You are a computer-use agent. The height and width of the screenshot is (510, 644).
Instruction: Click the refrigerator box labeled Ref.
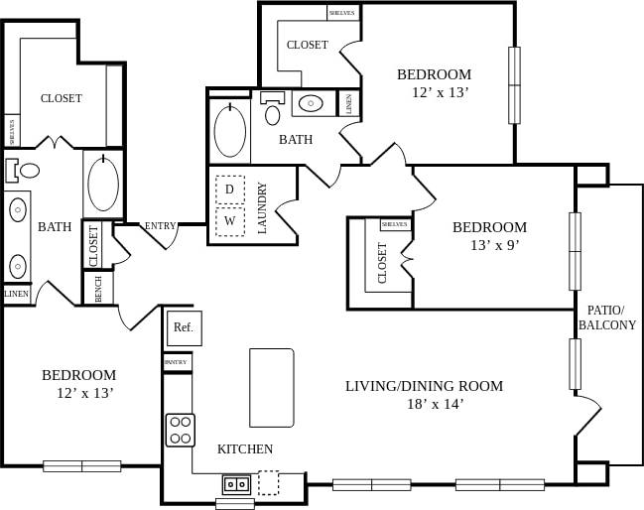coord(184,327)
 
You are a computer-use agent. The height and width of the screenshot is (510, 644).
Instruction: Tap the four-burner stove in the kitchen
coord(180,430)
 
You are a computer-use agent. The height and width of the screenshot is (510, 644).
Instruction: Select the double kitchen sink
coord(236,484)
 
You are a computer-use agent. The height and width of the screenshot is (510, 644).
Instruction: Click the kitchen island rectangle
coord(271,387)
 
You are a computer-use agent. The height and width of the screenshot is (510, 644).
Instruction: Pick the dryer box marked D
coord(229,189)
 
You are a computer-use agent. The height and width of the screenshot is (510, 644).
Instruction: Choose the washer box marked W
coord(229,220)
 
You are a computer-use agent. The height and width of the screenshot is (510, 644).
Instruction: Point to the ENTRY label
coord(160,226)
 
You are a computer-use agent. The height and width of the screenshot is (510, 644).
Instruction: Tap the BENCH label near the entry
coord(98,289)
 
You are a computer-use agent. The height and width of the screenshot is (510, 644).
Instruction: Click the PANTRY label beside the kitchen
coord(177,363)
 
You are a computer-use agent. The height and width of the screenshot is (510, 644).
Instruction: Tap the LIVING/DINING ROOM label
coord(424,386)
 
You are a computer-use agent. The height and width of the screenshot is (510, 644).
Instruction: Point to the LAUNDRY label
coord(263,207)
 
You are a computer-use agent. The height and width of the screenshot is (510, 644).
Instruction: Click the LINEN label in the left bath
coord(17,294)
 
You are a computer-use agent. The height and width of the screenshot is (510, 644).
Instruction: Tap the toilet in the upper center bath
coord(272,110)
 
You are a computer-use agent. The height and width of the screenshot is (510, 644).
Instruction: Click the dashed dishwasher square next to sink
coord(269,483)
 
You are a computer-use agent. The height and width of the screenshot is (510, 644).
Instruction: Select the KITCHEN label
coord(244,449)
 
